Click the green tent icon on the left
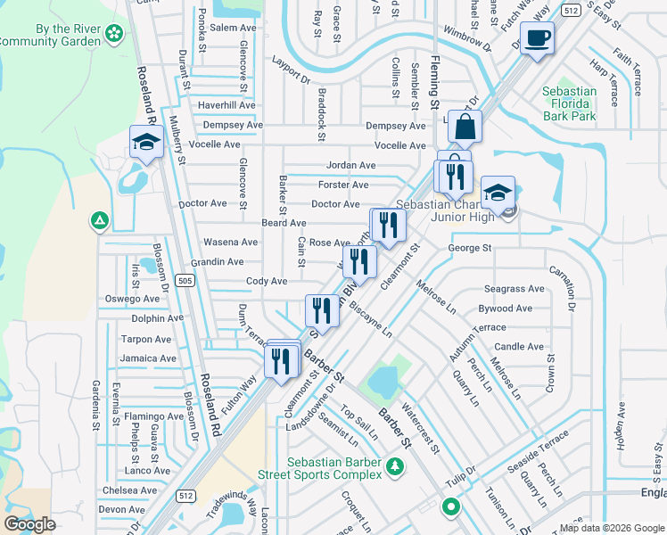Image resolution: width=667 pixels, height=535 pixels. [101, 220]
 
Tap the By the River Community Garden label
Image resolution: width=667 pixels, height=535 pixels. [54, 34]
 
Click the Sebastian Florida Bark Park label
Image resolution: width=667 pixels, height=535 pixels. [570, 103]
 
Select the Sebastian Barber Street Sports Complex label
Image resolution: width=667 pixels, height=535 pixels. [334, 469]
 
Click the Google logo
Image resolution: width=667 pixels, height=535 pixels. [30, 524]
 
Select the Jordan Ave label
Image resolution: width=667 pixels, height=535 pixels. [350, 165]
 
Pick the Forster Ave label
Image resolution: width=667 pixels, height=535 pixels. [343, 185]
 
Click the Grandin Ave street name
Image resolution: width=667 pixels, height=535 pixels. [217, 262]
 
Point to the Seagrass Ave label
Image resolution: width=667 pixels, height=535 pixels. [514, 289]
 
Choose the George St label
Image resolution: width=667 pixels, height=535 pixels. [470, 248]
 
